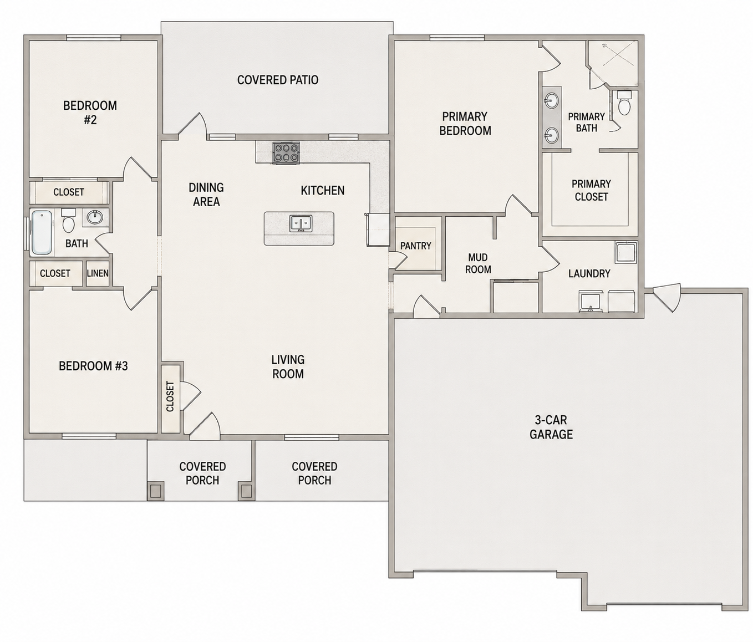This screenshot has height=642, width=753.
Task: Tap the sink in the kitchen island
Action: (301, 223)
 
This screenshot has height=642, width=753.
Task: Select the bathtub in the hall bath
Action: (42, 232)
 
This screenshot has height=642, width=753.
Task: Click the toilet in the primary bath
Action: (624, 103)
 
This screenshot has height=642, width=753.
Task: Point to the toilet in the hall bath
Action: (68, 221)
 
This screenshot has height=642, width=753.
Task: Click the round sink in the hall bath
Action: (95, 218)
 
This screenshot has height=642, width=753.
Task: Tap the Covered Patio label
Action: (278, 80)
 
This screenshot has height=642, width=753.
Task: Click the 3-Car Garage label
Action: (551, 427)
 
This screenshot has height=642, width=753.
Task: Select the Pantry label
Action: (416, 246)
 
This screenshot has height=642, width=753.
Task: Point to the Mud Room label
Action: (479, 263)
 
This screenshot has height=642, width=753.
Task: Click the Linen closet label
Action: (98, 273)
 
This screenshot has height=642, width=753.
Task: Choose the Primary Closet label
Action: (591, 190)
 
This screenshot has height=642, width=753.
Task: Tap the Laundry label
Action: (589, 273)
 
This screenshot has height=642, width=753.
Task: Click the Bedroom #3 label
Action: (93, 366)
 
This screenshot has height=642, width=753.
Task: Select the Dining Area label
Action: (206, 195)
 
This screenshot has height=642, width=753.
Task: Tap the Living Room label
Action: (288, 366)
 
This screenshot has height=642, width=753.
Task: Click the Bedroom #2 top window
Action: (93, 37)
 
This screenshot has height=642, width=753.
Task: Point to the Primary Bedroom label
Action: (465, 124)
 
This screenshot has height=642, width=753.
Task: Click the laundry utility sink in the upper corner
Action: (626, 252)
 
